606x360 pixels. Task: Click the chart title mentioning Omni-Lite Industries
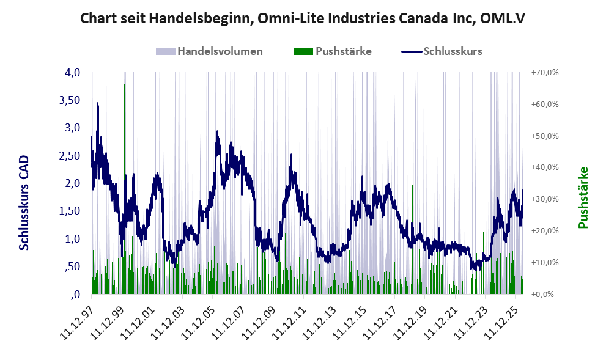click(303, 18)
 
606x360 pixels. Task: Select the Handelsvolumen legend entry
click(209, 51)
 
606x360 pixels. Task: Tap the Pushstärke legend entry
click(333, 51)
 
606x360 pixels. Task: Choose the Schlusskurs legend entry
click(442, 51)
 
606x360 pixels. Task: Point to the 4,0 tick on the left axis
click(72, 73)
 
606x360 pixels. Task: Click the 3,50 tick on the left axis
click(69, 100)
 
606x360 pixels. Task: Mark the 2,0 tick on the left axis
click(72, 183)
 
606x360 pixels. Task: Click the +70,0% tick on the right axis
click(545, 73)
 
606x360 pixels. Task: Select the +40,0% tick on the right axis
click(545, 167)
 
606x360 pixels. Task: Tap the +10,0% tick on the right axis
click(545, 262)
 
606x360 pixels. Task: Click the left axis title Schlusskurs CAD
click(24, 202)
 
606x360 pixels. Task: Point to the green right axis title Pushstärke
click(583, 197)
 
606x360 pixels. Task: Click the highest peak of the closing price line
click(97, 103)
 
